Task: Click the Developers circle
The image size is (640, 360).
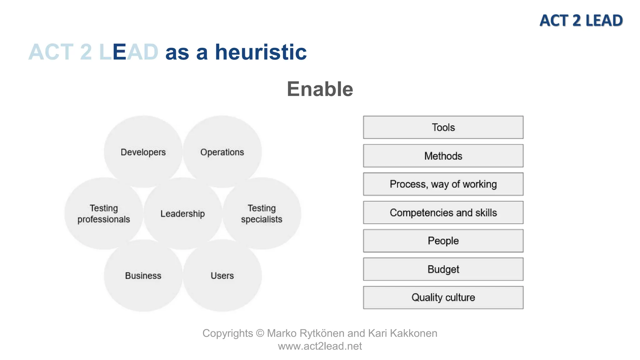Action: (143, 152)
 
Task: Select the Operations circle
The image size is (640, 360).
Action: (222, 152)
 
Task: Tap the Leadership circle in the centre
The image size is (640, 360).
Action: (183, 214)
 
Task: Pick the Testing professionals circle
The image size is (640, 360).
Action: (104, 214)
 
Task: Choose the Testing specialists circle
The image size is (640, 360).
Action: (262, 214)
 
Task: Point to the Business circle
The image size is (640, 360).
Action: (143, 276)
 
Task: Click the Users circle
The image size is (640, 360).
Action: (222, 276)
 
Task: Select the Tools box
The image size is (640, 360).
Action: (443, 127)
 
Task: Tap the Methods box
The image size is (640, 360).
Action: (443, 156)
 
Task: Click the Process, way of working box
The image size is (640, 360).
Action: (443, 184)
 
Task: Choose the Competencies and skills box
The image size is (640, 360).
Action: (443, 212)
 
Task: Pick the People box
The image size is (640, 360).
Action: (443, 241)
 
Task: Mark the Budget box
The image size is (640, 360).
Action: (443, 269)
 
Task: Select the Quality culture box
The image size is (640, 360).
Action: (443, 297)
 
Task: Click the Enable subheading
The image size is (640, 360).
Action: (320, 89)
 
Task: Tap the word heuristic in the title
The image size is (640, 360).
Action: (261, 52)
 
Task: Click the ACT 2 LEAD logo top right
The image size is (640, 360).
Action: (581, 21)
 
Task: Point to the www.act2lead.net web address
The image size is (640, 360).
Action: (320, 346)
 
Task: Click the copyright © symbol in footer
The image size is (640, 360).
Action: (260, 333)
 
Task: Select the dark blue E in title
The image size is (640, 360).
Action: (119, 52)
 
